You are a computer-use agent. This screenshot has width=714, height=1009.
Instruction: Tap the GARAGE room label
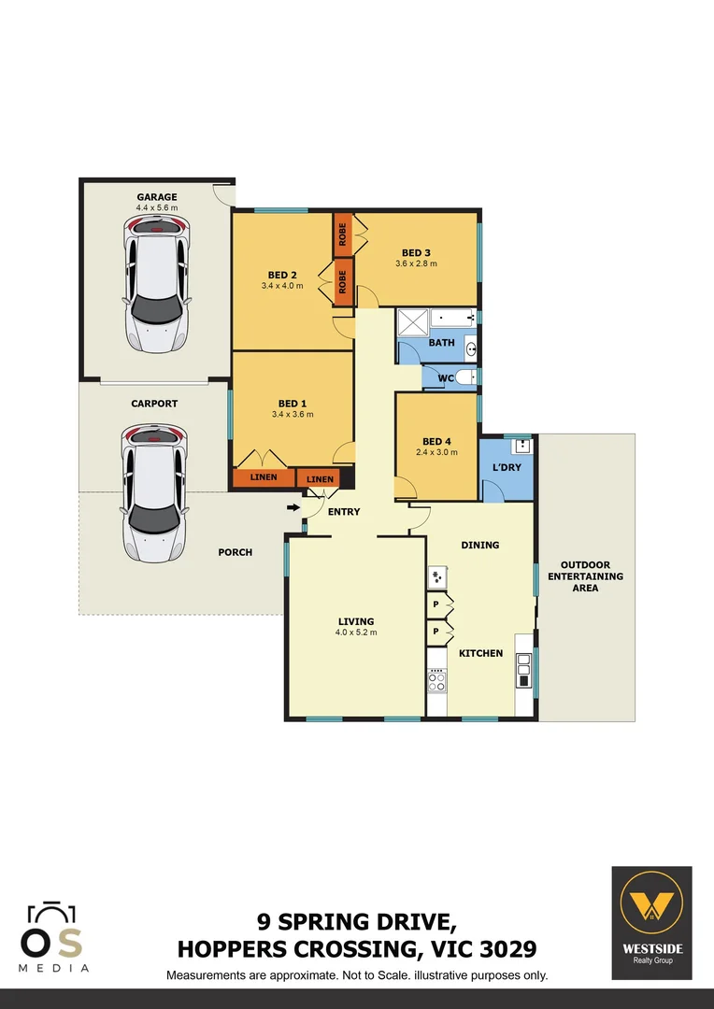(157, 197)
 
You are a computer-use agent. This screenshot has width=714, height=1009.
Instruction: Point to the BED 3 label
(416, 252)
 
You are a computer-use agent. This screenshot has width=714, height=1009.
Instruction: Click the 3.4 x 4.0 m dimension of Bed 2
(282, 286)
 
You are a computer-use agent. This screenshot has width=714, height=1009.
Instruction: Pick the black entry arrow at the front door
(293, 507)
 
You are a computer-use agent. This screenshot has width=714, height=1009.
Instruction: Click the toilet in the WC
(465, 377)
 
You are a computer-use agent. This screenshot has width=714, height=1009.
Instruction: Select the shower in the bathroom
(412, 322)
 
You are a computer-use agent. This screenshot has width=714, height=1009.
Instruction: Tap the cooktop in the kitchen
(436, 680)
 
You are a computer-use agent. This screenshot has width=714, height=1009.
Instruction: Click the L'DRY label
(506, 466)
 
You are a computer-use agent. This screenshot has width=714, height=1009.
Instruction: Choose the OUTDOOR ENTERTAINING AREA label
(585, 576)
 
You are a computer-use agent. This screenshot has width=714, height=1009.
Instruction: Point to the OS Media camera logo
(52, 937)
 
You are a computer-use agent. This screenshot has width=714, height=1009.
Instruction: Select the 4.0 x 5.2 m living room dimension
(356, 632)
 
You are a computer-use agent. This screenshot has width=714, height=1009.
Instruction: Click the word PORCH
(235, 552)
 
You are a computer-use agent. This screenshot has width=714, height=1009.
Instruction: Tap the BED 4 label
(436, 441)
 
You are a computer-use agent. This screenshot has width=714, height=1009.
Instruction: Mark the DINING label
(480, 545)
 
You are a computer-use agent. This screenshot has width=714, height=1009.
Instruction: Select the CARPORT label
(154, 404)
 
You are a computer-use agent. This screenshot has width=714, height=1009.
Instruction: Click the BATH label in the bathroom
(441, 343)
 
